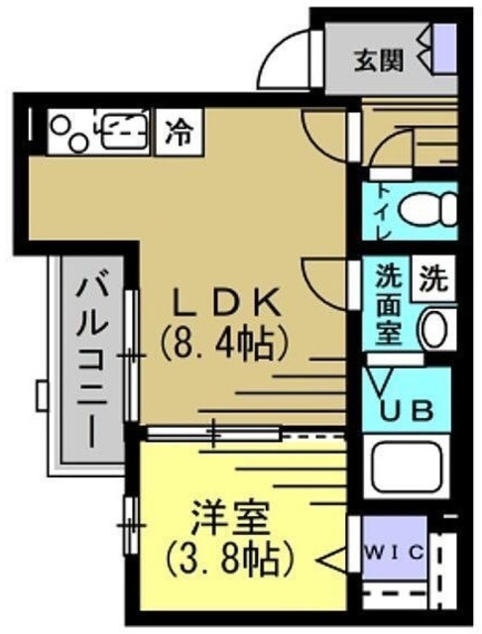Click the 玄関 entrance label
click(x=381, y=60)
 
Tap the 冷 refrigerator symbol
click(x=180, y=129)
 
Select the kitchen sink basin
click(x=123, y=129)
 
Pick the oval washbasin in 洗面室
click(x=434, y=329)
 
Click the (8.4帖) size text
click(x=226, y=344)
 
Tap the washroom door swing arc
click(x=325, y=282)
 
